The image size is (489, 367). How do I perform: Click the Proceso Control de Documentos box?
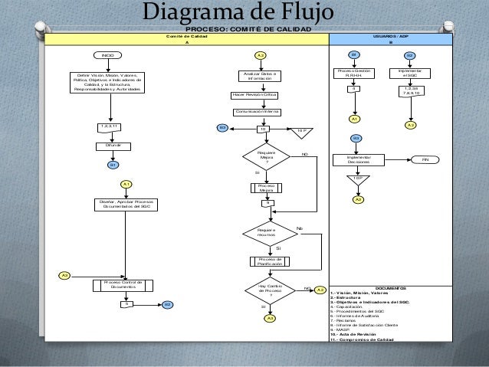pyautogui.click(x=123, y=285)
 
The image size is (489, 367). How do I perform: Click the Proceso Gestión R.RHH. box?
pyautogui.click(x=353, y=74)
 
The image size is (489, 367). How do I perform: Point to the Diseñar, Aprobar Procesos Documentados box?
pyautogui.click(x=123, y=204)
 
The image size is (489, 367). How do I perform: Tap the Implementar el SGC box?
pyautogui.click(x=409, y=74)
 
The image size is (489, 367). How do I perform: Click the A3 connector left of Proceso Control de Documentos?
pyautogui.click(x=65, y=274)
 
